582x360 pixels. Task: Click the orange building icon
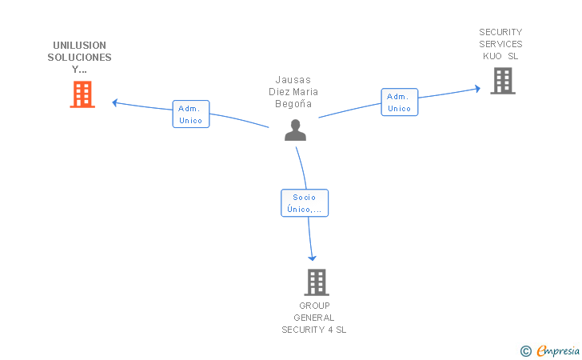click(82, 94)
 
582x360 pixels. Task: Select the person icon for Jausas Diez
click(296, 130)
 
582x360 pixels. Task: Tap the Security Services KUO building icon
click(503, 81)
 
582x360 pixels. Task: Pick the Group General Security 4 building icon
click(317, 282)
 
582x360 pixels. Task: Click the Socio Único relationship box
click(305, 203)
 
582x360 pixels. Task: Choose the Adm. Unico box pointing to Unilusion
click(191, 114)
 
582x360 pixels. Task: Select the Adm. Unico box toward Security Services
click(400, 102)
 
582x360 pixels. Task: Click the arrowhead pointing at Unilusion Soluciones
click(114, 103)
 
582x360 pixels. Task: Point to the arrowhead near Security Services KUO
click(478, 89)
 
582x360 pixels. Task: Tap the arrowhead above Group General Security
click(312, 258)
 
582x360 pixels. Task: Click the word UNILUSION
click(79, 46)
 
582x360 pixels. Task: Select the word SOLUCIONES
click(79, 58)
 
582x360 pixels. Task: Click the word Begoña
click(293, 104)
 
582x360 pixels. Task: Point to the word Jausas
click(293, 80)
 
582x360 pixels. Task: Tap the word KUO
click(492, 56)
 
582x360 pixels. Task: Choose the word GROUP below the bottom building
click(314, 306)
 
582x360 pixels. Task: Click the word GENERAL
click(314, 318)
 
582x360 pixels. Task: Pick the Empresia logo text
click(558, 350)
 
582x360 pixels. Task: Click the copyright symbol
click(526, 351)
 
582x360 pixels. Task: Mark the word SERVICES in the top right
click(500, 44)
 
